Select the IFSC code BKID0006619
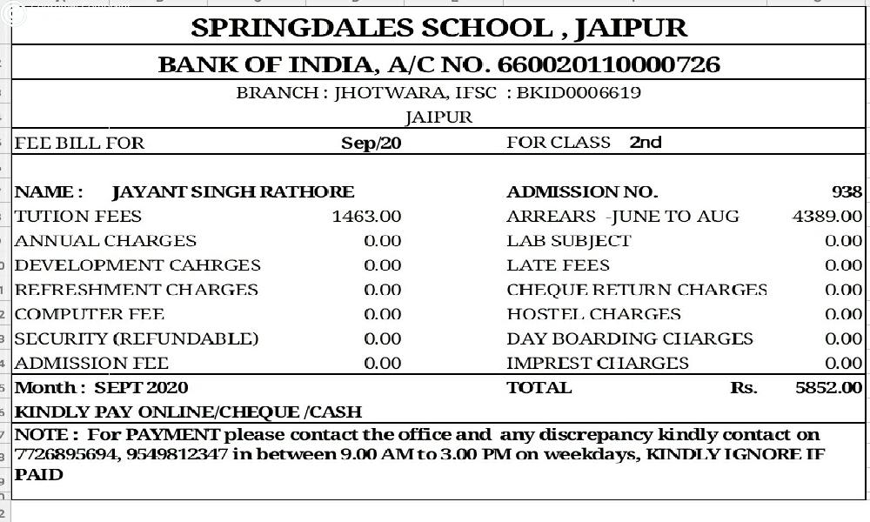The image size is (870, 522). (x=579, y=92)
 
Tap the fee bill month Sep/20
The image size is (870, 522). (x=371, y=143)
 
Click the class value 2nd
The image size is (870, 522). (x=646, y=142)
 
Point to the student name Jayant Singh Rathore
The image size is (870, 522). (x=233, y=192)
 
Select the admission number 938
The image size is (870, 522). (x=847, y=192)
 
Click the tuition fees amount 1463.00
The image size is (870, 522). (x=366, y=217)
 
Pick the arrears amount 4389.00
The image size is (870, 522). (x=827, y=217)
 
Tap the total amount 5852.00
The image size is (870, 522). (x=829, y=388)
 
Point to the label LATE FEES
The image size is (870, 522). (x=558, y=265)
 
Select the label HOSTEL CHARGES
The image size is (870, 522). (x=593, y=314)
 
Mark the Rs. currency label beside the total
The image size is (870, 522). (x=744, y=388)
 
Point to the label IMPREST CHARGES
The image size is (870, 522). (x=597, y=364)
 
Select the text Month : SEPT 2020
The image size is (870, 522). (x=102, y=388)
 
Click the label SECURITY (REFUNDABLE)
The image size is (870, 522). (x=137, y=338)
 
